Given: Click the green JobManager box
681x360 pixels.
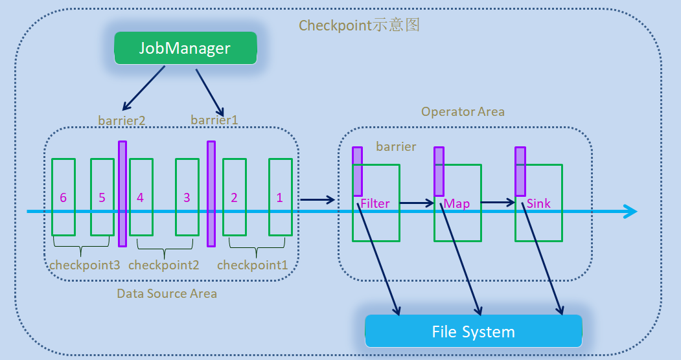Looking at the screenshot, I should pos(185,49).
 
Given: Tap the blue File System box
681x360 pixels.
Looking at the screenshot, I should pos(473,332).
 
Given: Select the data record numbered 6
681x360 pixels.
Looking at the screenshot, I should pos(63,197).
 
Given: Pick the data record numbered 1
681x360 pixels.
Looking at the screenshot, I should pos(280,197).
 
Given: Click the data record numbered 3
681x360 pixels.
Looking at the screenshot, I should pos(187,197).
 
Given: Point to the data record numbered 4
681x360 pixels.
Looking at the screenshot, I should pos(141,197).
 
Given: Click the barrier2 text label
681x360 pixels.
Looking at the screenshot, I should pos(122,120).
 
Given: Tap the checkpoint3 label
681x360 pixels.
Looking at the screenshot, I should pos(85,265).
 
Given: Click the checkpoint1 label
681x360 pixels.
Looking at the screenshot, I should pos(252,265).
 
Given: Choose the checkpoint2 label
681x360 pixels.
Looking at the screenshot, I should pos(163,265).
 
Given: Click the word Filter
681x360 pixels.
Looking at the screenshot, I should pos(375,203).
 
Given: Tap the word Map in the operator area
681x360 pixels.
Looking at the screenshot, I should pos(457,203).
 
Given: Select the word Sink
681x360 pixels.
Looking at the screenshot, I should pos(538,203).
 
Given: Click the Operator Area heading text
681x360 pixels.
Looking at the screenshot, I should pos(463,111).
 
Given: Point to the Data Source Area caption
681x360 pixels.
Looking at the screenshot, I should pos(167,293).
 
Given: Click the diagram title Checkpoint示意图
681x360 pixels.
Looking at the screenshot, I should pos(360,25).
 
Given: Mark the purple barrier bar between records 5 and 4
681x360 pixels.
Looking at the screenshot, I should pos(122,194).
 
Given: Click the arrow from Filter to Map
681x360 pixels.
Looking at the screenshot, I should pos(416,203).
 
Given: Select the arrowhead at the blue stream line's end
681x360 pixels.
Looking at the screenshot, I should pos(630,211).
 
